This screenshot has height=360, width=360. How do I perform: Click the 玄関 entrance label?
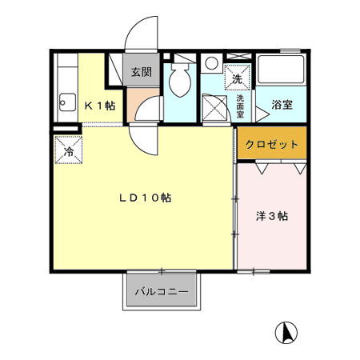(x=141, y=72)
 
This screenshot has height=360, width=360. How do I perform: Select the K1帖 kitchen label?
(x=100, y=105)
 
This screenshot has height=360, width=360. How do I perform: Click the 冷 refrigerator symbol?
(x=68, y=150)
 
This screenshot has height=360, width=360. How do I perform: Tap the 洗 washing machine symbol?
(x=236, y=77)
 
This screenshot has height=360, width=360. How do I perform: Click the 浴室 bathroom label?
(x=282, y=105)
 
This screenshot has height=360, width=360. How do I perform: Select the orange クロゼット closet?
(x=272, y=145)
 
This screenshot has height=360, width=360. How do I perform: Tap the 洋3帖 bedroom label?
(x=272, y=216)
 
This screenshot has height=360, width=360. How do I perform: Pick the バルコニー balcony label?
(x=161, y=292)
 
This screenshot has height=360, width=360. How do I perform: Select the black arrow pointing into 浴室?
(x=262, y=106)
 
